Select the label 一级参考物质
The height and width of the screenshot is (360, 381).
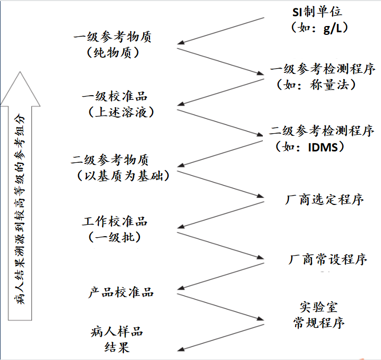click(x=113, y=37)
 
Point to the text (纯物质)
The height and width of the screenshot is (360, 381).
click(x=113, y=52)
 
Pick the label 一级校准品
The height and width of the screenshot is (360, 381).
click(x=115, y=97)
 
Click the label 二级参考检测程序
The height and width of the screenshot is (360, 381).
click(x=322, y=131)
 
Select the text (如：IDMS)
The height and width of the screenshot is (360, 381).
click(x=310, y=147)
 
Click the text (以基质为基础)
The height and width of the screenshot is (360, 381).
click(x=123, y=175)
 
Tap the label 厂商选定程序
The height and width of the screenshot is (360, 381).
click(x=324, y=199)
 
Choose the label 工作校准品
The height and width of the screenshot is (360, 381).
click(x=115, y=221)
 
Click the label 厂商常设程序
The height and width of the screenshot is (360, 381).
click(x=328, y=259)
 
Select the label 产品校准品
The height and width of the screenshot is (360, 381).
click(x=121, y=292)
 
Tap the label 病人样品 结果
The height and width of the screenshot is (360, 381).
click(x=117, y=339)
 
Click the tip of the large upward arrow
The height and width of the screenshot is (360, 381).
click(x=20, y=73)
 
